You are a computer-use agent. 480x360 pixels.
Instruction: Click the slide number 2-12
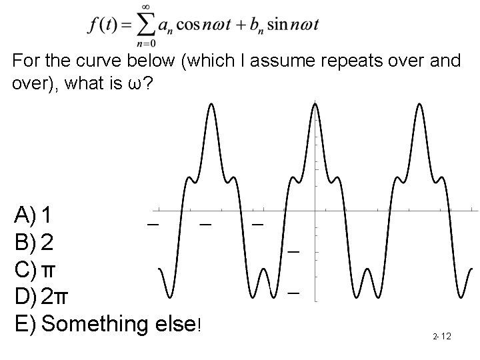click(x=441, y=336)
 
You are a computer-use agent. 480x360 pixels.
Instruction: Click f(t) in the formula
click(x=103, y=26)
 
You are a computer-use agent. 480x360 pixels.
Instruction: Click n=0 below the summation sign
click(x=143, y=45)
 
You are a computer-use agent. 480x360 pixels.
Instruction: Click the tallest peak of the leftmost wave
click(x=211, y=105)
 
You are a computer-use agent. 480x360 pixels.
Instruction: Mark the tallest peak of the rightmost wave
click(x=418, y=105)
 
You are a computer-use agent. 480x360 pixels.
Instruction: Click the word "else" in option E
click(x=175, y=325)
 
